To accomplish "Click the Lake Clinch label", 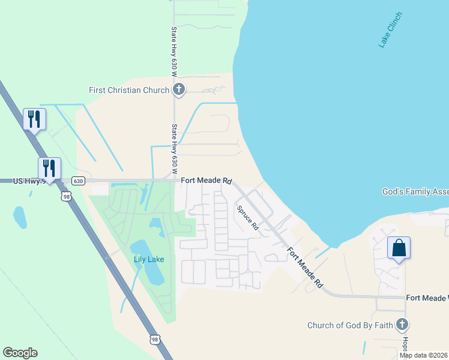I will (x=390, y=29).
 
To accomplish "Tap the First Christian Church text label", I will (x=128, y=90).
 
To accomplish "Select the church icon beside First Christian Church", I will (x=178, y=90).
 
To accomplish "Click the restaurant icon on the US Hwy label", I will (x=49, y=168).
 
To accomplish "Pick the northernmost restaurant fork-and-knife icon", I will (x=34, y=119).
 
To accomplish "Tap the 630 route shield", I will (x=77, y=181).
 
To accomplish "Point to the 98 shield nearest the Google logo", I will (x=155, y=340).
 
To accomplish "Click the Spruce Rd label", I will (x=247, y=218).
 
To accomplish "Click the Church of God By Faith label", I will (x=350, y=326).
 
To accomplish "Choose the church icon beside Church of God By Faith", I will (x=402, y=326).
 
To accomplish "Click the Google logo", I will (x=20, y=353).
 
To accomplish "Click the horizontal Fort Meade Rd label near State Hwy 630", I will (x=206, y=180).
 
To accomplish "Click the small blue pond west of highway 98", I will (x=20, y=217).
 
